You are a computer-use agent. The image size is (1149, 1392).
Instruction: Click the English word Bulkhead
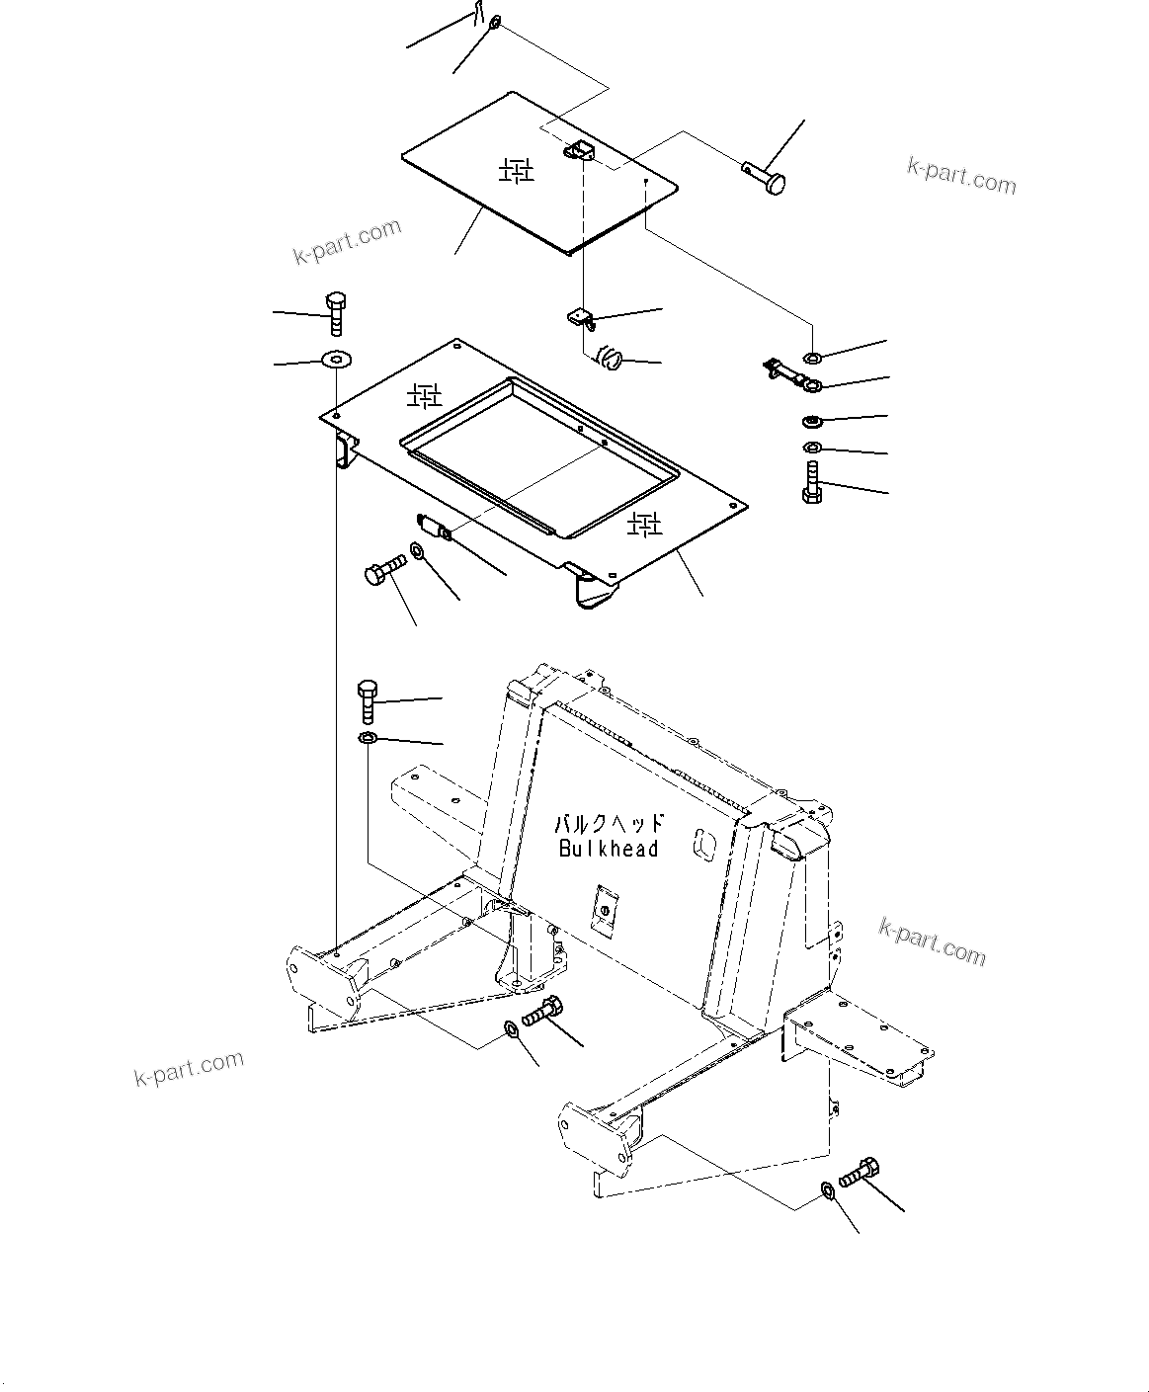[x=608, y=849]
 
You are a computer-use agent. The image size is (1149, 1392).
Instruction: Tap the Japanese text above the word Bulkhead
[x=608, y=823]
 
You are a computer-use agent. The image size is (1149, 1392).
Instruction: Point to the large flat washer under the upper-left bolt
[x=336, y=359]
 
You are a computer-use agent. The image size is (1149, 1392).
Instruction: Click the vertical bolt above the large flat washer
[x=335, y=312]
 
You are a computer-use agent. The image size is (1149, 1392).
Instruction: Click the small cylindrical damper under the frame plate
[x=434, y=528]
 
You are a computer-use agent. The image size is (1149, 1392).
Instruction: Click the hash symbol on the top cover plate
[x=516, y=171]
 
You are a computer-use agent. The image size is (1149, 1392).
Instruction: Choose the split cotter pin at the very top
[x=478, y=14]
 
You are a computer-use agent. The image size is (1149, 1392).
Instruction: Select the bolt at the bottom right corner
[x=858, y=1173]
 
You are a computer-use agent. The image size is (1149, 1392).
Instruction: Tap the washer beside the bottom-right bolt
[x=827, y=1190]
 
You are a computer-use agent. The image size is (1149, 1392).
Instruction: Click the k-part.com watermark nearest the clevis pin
[x=960, y=176]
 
